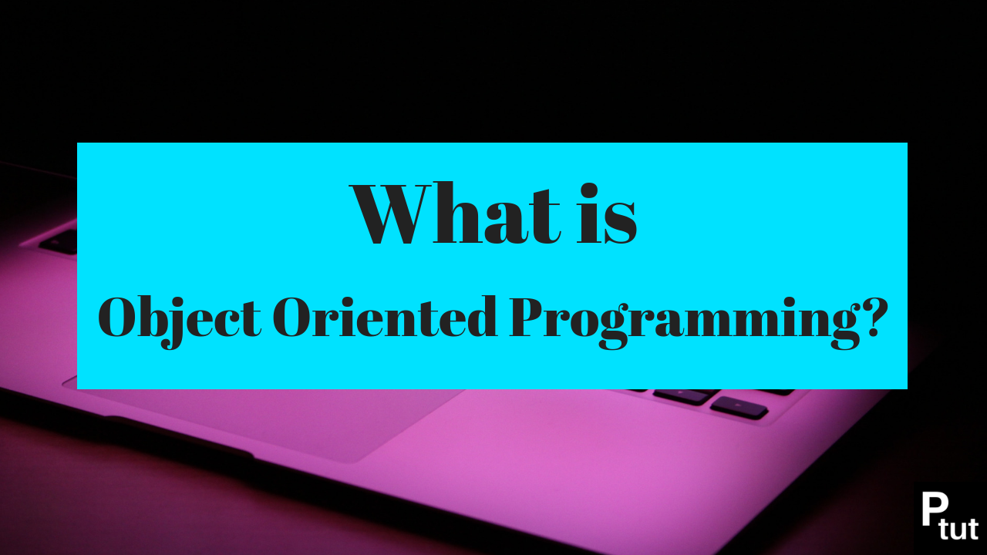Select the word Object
pyautogui.click(x=180, y=318)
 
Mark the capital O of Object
pyautogui.click(x=122, y=318)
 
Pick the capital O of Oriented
pyautogui.click(x=297, y=317)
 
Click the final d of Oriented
pyautogui.click(x=482, y=316)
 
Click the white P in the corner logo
pyautogui.click(x=935, y=509)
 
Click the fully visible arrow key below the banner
pyautogui.click(x=739, y=407)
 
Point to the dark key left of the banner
pyautogui.click(x=59, y=241)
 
